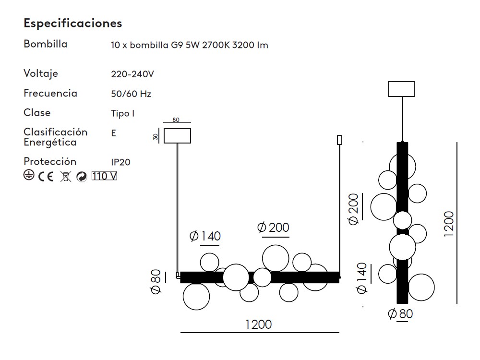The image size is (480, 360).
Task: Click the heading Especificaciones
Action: tap(73, 23)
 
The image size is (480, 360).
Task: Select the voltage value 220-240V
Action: tap(132, 74)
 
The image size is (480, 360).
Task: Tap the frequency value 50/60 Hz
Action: tap(131, 94)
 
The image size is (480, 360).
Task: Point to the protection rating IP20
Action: tap(120, 162)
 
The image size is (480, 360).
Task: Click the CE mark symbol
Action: tap(46, 176)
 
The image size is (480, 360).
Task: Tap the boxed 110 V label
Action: tap(104, 176)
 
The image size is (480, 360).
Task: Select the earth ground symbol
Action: tap(29, 175)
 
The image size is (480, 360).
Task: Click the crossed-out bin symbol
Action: tap(65, 177)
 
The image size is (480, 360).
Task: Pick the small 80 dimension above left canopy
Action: tap(176, 120)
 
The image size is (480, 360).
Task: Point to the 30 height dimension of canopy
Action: tap(156, 136)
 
